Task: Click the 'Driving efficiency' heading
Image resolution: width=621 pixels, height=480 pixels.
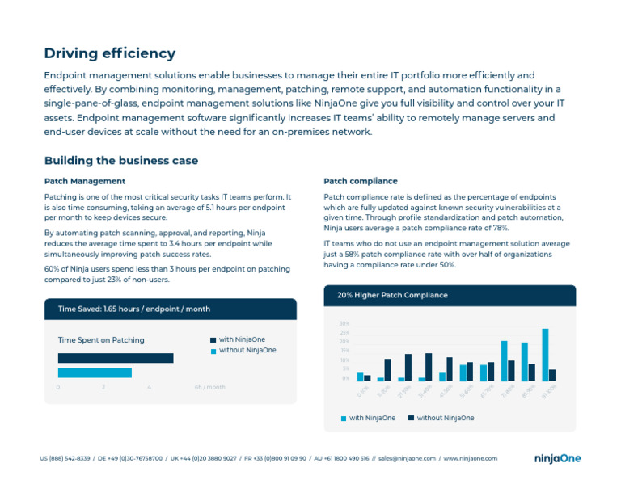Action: pos(109,53)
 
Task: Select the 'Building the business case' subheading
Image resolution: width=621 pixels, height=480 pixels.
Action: pos(120,161)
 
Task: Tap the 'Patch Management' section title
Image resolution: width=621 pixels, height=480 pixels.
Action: pos(85,181)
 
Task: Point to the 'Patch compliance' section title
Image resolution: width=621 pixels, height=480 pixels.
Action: pos(361,181)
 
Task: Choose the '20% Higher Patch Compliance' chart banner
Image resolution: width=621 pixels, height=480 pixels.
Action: pos(392,295)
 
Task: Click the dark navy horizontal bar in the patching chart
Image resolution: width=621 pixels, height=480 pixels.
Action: pos(116,358)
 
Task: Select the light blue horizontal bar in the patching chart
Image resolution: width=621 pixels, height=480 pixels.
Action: pos(95,373)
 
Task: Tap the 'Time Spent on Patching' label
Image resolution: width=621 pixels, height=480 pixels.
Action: pos(101,340)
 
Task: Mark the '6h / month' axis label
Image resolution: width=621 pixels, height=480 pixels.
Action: pos(209,387)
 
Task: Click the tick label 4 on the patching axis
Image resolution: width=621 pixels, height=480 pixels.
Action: pos(150,387)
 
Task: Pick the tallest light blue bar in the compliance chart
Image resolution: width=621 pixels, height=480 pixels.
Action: pos(545,355)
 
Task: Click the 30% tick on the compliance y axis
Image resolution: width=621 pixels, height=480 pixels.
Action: pos(344,323)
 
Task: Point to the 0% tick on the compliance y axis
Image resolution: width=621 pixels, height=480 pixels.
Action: pos(345,377)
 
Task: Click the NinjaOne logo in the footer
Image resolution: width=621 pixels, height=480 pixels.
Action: pos(557,458)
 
